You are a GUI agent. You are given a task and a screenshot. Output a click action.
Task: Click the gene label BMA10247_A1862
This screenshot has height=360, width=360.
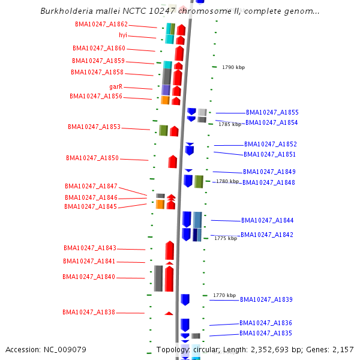tap(101, 25)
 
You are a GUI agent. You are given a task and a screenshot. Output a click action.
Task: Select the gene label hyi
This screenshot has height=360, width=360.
tap(123, 35)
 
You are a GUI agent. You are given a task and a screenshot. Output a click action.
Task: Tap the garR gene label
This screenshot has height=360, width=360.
tap(116, 87)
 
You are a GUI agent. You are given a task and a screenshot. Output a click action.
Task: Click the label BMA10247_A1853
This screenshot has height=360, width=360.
tap(94, 127)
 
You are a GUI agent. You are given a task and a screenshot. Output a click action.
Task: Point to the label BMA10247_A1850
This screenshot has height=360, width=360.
tap(92, 158)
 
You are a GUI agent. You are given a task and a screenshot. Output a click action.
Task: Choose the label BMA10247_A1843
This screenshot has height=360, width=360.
tap(90, 248)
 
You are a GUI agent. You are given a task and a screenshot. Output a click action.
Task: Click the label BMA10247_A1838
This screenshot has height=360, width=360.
tap(89, 313)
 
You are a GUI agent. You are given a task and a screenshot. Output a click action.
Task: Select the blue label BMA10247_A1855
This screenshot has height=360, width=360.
tap(272, 113)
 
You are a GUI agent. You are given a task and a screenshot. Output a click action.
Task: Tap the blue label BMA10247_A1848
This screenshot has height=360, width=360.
tap(269, 183)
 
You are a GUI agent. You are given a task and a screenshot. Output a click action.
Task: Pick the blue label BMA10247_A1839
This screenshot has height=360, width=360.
tap(266, 300)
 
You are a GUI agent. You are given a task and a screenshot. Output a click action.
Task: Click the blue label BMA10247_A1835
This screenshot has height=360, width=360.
tap(266, 334)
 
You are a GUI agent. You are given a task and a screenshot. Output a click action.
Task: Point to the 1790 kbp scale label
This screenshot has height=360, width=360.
tap(233, 68)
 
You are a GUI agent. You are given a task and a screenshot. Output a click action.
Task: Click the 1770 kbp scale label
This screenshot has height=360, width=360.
tap(224, 296)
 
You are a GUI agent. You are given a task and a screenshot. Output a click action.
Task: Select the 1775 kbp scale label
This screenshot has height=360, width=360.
tap(226, 239)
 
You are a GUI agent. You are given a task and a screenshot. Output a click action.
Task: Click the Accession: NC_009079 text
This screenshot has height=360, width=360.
tap(46, 350)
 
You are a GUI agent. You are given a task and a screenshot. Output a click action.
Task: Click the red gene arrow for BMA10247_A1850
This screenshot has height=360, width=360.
tap(173, 161)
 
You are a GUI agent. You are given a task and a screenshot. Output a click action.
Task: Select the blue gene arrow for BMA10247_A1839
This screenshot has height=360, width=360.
tap(185, 299)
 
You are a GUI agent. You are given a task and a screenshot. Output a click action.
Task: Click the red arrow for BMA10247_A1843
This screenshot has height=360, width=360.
tap(170, 250)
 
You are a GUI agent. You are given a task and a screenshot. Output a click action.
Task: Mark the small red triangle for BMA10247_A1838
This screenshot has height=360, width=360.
tap(169, 313)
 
